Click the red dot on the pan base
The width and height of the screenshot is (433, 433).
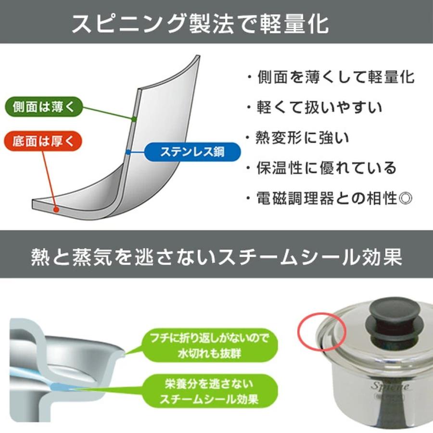pyautogui.click(x=57, y=210)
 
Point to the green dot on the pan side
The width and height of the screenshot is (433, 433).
pyautogui.click(x=134, y=118)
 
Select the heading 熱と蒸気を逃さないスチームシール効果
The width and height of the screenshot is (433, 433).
pyautogui.click(x=216, y=257)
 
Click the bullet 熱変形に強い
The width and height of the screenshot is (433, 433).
pyautogui.click(x=303, y=138)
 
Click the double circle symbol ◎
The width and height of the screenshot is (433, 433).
pyautogui.click(x=407, y=198)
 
